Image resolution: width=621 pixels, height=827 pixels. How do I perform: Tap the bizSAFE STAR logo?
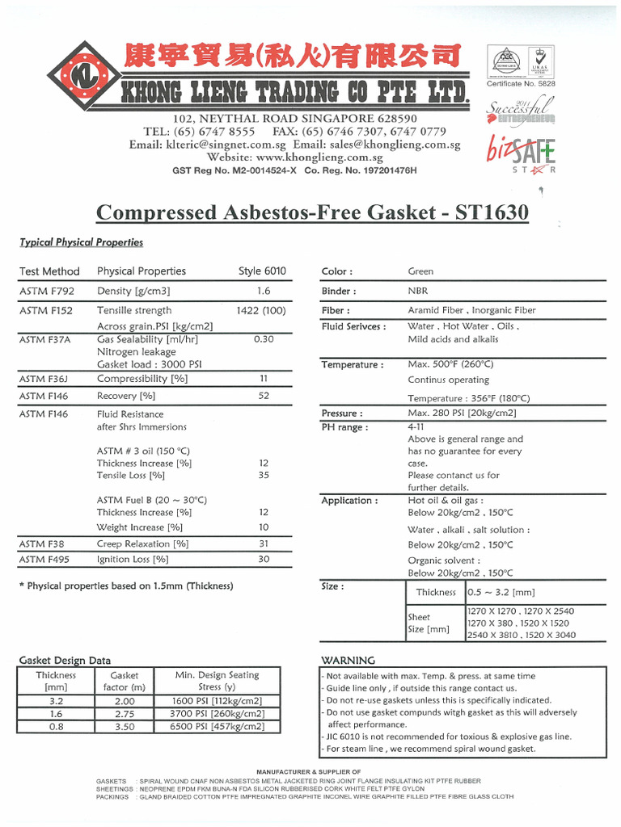pos(521,153)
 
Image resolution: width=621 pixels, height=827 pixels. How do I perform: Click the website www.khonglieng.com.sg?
pos(294,157)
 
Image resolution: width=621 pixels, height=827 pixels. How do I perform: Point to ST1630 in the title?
pos(492,212)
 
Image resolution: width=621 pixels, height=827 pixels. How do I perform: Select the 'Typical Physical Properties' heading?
pos(81,242)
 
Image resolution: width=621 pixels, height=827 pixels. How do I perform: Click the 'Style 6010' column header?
pos(263,271)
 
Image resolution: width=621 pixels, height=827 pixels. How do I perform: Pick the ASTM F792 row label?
pos(45,291)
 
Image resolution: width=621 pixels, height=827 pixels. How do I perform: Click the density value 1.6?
pos(264,291)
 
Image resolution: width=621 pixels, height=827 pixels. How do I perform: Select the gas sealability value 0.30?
pos(264,339)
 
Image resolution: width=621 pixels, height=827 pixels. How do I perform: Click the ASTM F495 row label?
pos(45,559)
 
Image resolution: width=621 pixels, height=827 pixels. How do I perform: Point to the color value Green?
pos(420,271)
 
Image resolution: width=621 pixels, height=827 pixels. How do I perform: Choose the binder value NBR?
pos(418,291)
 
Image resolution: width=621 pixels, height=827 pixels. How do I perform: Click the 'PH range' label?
pos(344,427)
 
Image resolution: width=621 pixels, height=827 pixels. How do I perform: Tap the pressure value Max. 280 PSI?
pos(462,413)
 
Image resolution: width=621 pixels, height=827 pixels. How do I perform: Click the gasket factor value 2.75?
pos(125,714)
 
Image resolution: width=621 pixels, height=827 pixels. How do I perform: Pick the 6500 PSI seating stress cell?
pos(217,727)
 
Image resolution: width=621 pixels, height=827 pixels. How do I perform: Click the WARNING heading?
pos(349,660)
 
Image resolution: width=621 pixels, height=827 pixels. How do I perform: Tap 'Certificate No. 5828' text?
pos(521,83)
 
